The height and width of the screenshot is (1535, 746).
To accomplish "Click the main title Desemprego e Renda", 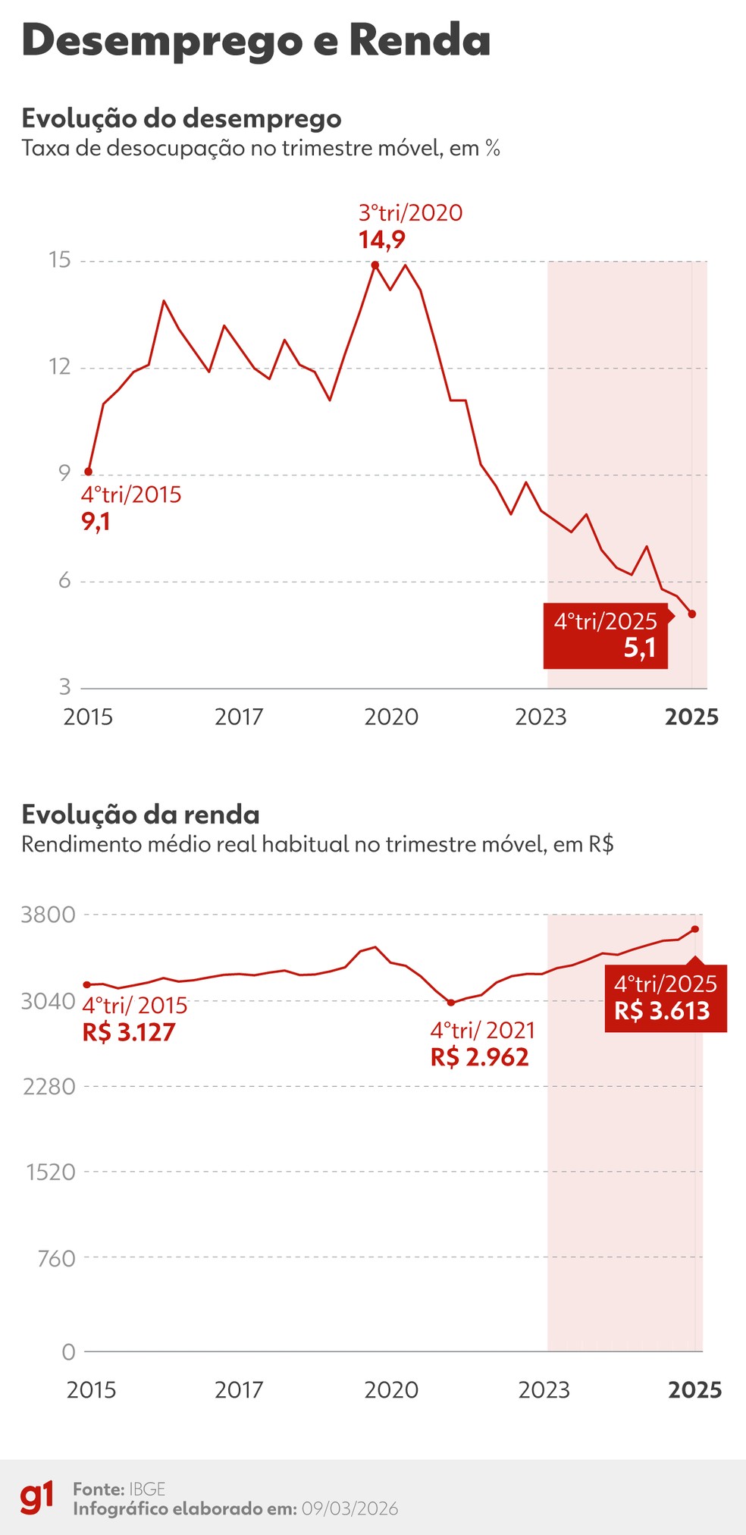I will [256, 41].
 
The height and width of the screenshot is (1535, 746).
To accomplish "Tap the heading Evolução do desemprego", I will [181, 119].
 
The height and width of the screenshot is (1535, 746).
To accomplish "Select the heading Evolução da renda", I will [140, 815].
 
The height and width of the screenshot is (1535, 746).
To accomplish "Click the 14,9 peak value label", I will [381, 240].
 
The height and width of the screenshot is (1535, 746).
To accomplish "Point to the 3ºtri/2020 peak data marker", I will [375, 265].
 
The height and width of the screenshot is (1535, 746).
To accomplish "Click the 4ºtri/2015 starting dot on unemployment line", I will [89, 472].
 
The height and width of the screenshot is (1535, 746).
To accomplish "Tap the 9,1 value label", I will [96, 522].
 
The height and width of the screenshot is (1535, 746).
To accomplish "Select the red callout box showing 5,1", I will [606, 636].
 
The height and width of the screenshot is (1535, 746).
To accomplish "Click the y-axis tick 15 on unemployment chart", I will [59, 260].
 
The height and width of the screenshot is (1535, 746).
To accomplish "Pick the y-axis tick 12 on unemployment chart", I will [59, 367].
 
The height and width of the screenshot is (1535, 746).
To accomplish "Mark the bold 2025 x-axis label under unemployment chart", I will [691, 717].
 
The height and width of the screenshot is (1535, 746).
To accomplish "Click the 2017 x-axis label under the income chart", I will [239, 1390].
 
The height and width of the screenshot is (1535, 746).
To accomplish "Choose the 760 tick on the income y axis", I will [57, 1259].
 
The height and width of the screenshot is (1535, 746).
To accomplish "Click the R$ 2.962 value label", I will [479, 1057].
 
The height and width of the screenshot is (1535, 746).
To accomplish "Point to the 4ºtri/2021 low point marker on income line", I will [451, 1003].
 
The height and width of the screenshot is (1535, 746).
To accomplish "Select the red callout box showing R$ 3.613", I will [665, 998].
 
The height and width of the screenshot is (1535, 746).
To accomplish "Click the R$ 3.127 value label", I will [129, 1032].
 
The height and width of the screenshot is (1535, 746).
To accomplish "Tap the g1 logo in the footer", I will [36, 1498].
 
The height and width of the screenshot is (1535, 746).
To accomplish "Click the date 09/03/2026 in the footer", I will [349, 1508].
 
